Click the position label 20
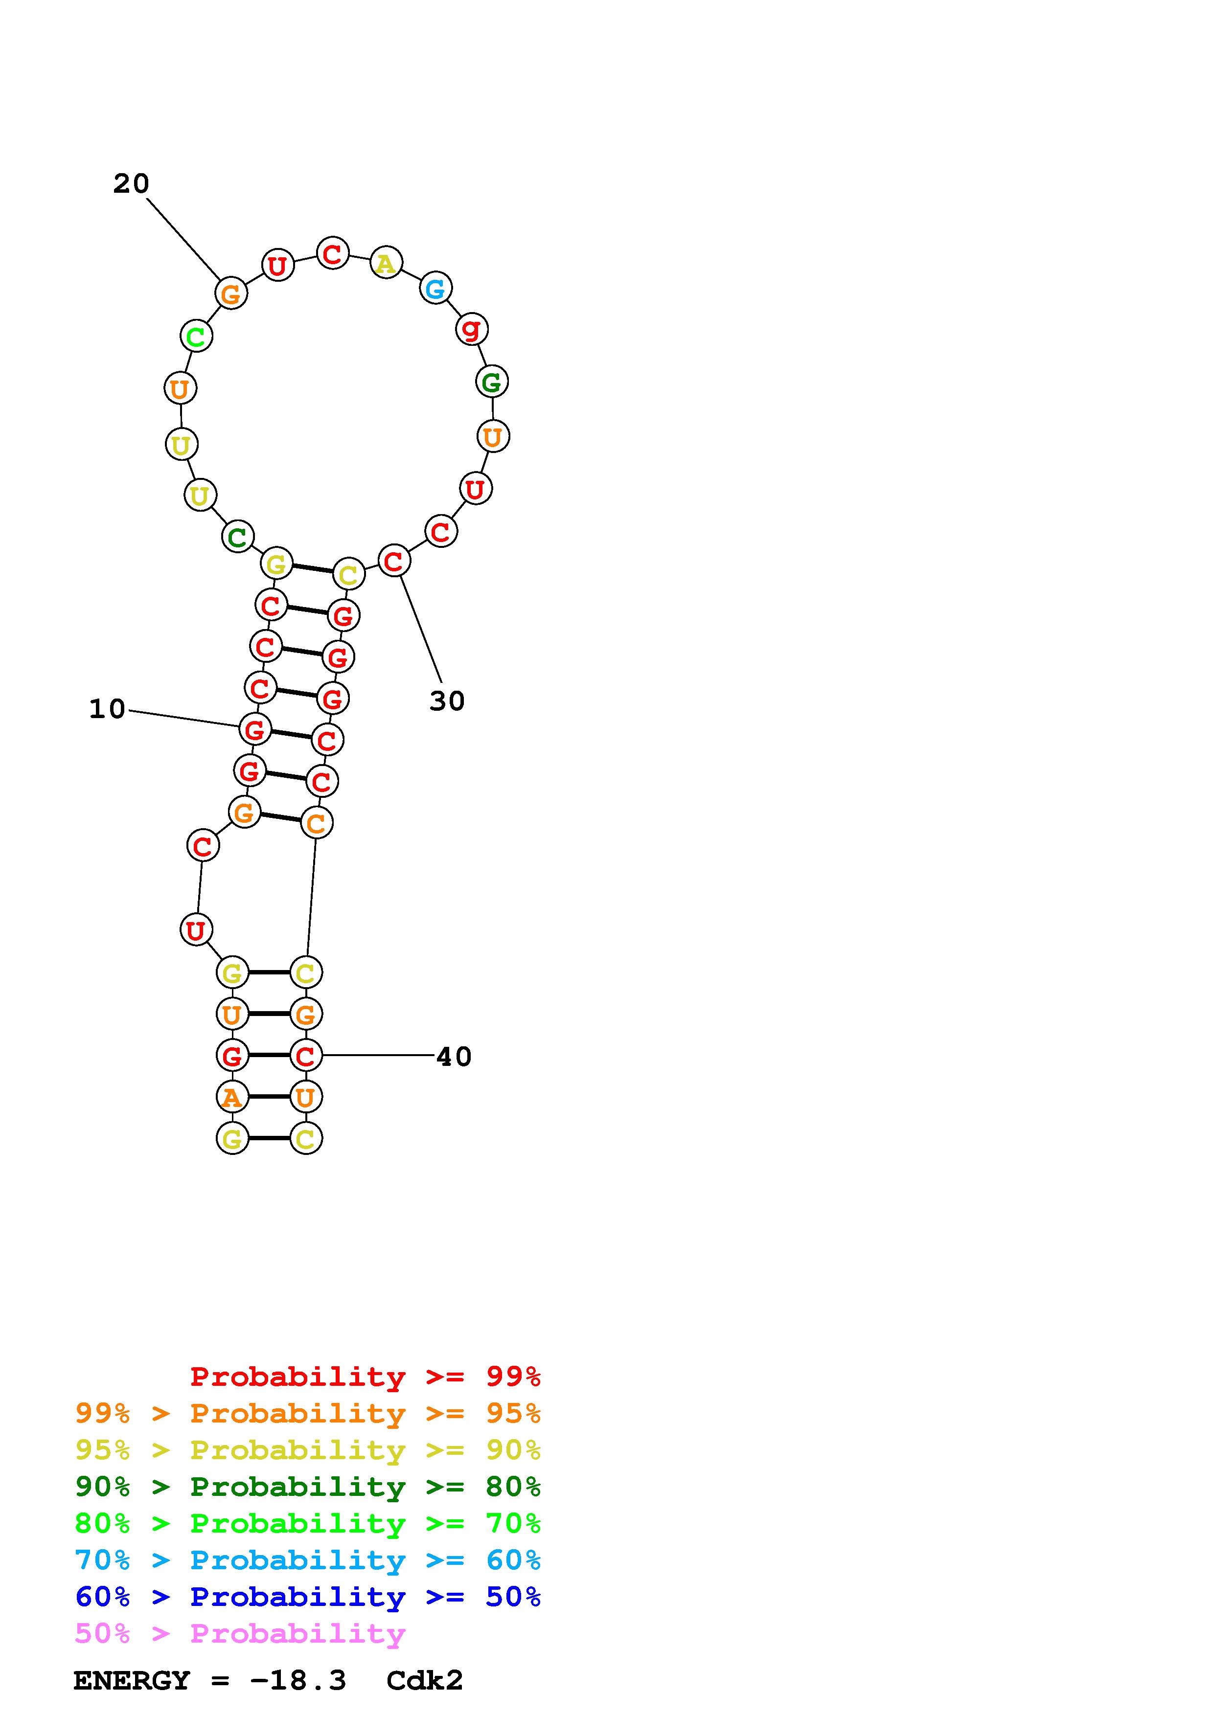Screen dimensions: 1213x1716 132,184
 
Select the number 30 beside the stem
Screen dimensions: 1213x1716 447,701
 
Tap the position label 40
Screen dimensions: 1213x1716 454,1057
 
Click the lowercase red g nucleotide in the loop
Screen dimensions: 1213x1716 472,329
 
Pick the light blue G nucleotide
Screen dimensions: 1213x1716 435,289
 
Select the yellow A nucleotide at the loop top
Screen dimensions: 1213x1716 386,262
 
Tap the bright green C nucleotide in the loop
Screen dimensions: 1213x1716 196,337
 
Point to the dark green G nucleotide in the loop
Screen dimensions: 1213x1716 492,382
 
